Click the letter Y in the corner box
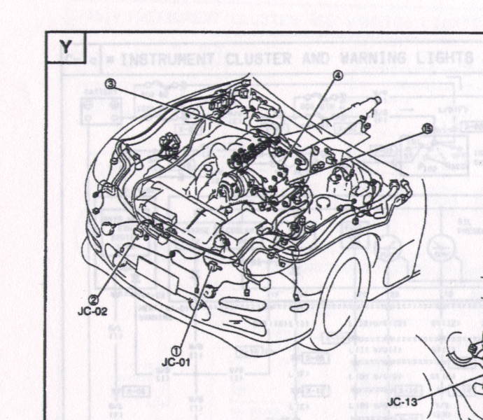pyautogui.click(x=65, y=46)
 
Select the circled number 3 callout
pyautogui.click(x=110, y=83)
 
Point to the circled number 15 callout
pyautogui.click(x=426, y=128)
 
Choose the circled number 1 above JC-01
pyautogui.click(x=177, y=350)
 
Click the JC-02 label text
pyautogui.click(x=92, y=311)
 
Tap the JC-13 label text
pyautogui.click(x=402, y=402)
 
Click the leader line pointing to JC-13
pyautogui.click(x=448, y=389)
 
